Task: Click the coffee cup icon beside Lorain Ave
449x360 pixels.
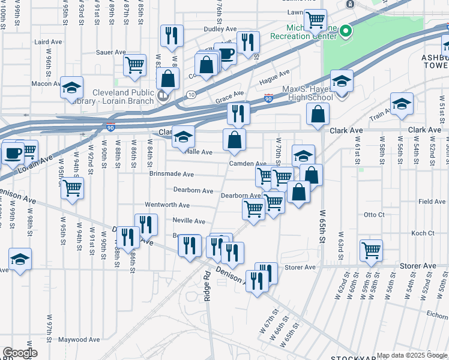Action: tap(11, 152)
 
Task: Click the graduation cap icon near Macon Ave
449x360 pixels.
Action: tap(71, 88)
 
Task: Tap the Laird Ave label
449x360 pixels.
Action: tap(49, 42)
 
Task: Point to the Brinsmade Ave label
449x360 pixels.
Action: tap(172, 175)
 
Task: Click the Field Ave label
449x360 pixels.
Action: tap(432, 202)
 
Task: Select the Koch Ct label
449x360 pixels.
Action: tap(423, 233)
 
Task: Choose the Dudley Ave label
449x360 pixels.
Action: tap(221, 28)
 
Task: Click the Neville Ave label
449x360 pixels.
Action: tap(188, 221)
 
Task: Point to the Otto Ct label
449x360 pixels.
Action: tap(373, 214)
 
